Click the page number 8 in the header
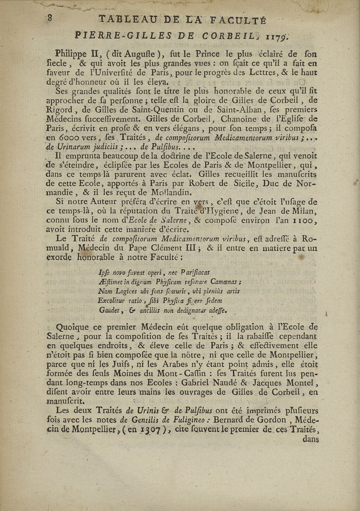coord(53,18)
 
